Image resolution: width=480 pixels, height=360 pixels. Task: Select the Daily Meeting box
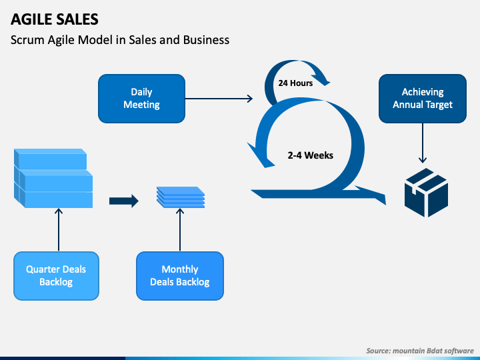141,99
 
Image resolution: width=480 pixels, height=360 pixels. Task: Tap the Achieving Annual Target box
422,99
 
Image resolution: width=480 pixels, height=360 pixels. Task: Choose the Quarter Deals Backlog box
56,275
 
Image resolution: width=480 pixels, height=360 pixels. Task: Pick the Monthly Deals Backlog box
180,275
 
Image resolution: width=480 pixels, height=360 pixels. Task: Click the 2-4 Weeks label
311,155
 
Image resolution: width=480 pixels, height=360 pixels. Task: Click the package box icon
426,192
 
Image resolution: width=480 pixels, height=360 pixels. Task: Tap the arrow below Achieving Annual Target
422,143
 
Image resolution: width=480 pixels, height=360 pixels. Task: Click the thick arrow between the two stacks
123,200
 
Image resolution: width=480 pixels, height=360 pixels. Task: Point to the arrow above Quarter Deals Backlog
59,229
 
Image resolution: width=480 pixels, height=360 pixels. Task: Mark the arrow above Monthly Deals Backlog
180,229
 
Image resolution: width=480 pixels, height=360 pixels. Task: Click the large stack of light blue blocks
53,178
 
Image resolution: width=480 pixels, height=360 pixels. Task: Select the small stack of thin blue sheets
180,196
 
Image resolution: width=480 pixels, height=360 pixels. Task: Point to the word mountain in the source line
412,350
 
